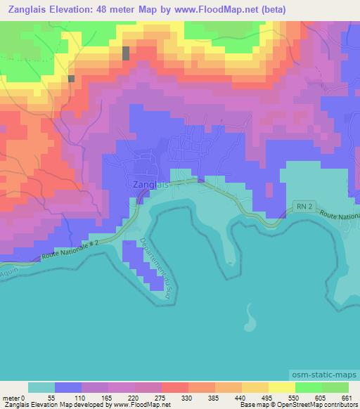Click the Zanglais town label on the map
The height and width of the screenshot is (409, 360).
tap(150, 185)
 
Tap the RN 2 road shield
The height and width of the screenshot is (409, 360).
tap(302, 206)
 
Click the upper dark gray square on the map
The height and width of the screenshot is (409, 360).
tap(126, 53)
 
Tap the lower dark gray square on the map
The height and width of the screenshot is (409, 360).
tap(71, 79)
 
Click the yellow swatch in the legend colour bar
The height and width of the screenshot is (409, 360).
tap(281, 387)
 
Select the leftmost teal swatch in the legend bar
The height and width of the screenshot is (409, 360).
tap(41, 387)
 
